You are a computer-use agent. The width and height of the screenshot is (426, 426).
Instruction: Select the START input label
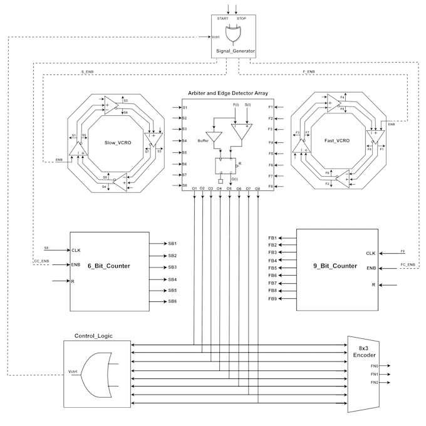pyautogui.click(x=222, y=19)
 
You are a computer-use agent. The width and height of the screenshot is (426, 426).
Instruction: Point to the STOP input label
pyautogui.click(x=242, y=19)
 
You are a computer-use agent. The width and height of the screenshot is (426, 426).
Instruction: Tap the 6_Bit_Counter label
pyautogui.click(x=109, y=266)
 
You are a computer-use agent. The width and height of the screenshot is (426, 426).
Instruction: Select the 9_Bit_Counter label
pyautogui.click(x=336, y=266)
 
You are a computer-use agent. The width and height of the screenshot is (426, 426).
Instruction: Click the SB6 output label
pyautogui.click(x=172, y=302)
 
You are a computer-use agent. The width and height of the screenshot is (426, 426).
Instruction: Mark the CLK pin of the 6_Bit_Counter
pyautogui.click(x=76, y=251)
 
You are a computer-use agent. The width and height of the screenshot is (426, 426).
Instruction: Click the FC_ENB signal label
pyautogui.click(x=408, y=264)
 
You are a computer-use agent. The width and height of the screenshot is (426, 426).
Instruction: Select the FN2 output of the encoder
pyautogui.click(x=375, y=382)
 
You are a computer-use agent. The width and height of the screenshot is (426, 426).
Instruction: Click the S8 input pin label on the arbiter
pyautogui.click(x=185, y=185)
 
